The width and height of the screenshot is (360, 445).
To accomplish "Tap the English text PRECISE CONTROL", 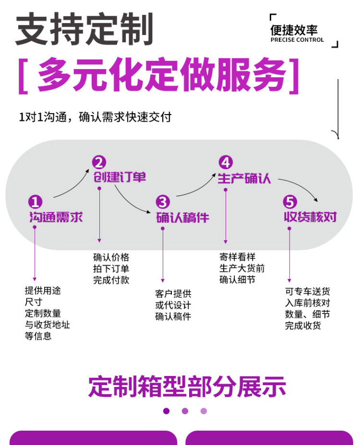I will pyautogui.click(x=297, y=40).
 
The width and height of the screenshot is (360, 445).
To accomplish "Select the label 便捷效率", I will pyautogui.click(x=294, y=30).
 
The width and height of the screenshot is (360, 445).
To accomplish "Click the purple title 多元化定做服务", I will pyautogui.click(x=160, y=76).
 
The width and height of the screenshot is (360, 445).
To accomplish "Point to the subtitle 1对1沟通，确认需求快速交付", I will pyautogui.click(x=95, y=117).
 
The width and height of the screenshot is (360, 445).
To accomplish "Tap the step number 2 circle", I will pyautogui.click(x=99, y=163).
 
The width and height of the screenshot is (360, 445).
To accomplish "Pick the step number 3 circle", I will pyautogui.click(x=163, y=202).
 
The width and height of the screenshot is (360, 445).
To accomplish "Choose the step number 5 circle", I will pyautogui.click(x=290, y=202).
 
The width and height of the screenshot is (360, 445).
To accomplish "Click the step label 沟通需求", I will pyautogui.click(x=56, y=217).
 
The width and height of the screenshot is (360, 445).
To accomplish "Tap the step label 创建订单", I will pyautogui.click(x=120, y=177).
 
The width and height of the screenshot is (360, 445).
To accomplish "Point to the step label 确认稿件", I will pyautogui.click(x=183, y=217).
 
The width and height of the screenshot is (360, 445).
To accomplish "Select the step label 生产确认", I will pyautogui.click(x=244, y=178).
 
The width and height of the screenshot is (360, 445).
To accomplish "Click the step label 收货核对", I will pyautogui.click(x=310, y=217).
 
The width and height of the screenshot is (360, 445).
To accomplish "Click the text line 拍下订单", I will pyautogui.click(x=111, y=269).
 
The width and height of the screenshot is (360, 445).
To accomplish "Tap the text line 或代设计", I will pyautogui.click(x=173, y=305).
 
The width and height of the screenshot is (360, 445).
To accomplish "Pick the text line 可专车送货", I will pyautogui.click(x=308, y=292).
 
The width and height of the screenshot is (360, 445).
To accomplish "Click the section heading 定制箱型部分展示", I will pyautogui.click(x=187, y=386).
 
